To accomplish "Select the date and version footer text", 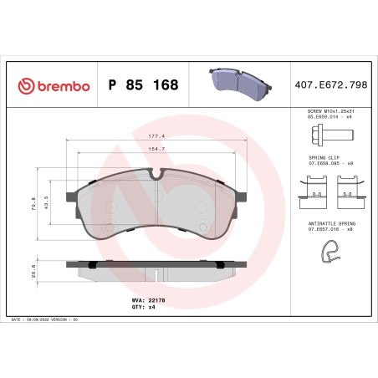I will click(x=42, y=320).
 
